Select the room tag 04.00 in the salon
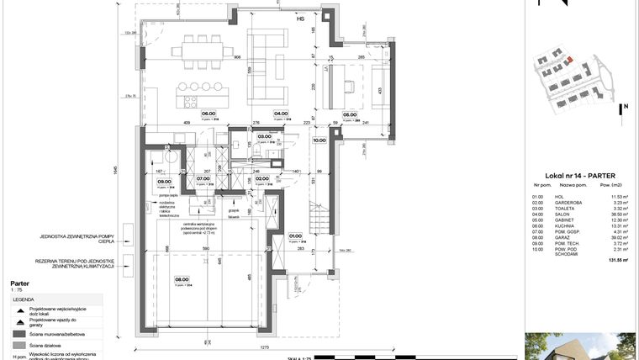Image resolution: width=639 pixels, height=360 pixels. coord(280,114)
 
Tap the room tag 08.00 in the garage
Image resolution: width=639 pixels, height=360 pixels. coord(182,281)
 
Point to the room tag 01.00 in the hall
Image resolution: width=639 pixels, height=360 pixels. coord(295,236)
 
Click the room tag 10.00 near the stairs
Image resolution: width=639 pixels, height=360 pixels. coord(319,141)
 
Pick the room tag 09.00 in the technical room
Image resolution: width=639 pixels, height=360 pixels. coord(165,179)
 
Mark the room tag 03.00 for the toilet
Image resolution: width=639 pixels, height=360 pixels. coord(264,136)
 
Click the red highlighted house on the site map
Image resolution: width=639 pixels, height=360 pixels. coord(568,61)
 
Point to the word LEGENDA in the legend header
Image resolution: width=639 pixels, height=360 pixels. coord(23,299)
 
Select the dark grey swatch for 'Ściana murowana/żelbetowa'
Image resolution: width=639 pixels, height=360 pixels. coord(19,333)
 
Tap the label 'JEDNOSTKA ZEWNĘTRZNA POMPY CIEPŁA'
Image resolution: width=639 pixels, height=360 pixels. coord(82,240)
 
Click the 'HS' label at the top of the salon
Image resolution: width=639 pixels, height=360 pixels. coord(299,18)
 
